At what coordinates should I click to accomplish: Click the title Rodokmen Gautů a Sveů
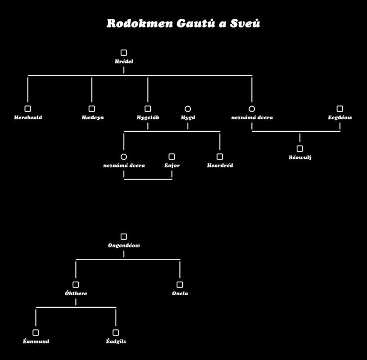[183, 23]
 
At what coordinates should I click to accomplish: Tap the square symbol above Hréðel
[124, 53]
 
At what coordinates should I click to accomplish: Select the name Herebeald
[28, 117]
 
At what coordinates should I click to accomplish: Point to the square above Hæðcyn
[92, 108]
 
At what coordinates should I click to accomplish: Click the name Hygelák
[148, 117]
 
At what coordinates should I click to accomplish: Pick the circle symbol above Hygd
[188, 108]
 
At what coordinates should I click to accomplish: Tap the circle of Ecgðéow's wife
[252, 108]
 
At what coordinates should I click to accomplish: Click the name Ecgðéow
[340, 117]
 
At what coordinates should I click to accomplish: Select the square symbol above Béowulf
[300, 148]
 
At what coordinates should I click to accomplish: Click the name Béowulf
[300, 157]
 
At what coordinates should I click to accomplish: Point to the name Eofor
[172, 166]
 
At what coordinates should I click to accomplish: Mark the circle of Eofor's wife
[124, 157]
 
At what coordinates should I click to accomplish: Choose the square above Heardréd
[220, 157]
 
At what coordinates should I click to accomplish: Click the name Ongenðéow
[124, 246]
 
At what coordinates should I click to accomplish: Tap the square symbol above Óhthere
[76, 284]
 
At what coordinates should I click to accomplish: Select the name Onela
[180, 293]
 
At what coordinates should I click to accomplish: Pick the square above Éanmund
[36, 333]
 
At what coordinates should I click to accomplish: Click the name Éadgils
[116, 342]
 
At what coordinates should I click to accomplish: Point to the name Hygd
[188, 117]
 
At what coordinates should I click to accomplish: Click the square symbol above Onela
[180, 284]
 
